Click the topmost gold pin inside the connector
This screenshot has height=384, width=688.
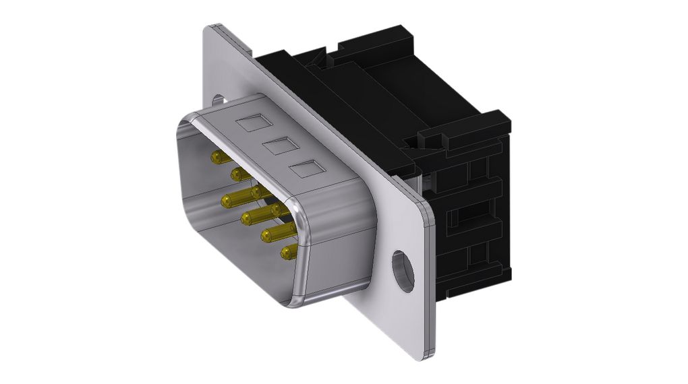point(219,158)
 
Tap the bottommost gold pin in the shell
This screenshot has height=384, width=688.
point(289,253)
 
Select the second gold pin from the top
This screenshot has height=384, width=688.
point(238,174)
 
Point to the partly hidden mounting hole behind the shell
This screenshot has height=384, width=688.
point(217,100)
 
